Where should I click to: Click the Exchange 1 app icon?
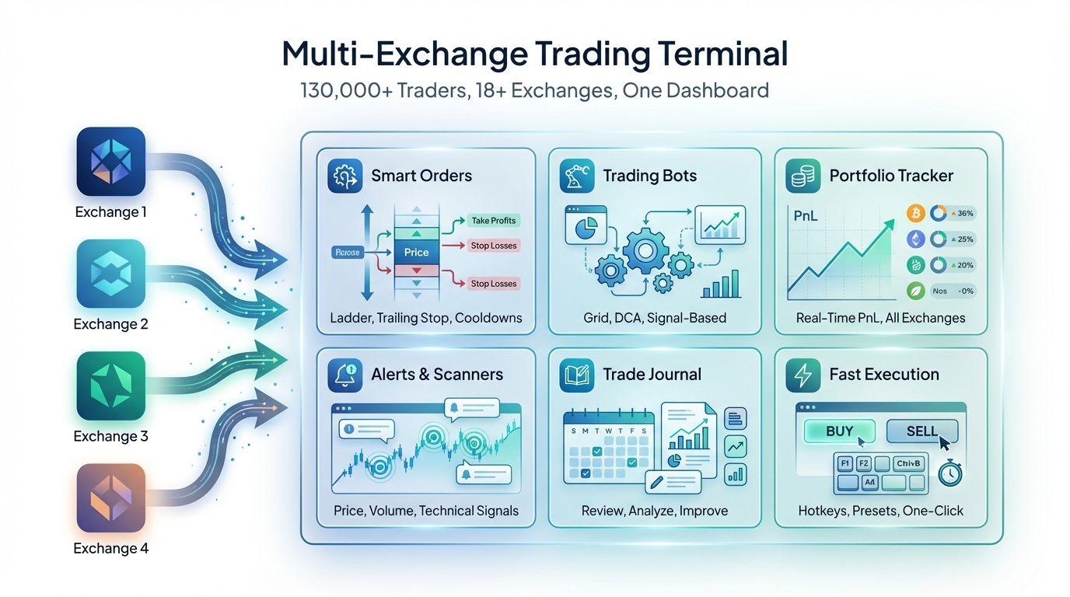pos(111,162)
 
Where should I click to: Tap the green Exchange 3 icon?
pos(111,386)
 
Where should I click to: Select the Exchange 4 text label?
pos(110,549)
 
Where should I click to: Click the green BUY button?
pos(839,431)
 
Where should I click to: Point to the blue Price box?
pos(416,252)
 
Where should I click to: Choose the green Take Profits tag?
pos(493,221)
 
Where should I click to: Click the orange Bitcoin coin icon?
pos(916,213)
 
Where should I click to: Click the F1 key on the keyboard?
pos(844,463)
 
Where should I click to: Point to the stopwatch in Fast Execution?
pos(950,473)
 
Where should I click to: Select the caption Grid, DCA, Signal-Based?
pos(655,318)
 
